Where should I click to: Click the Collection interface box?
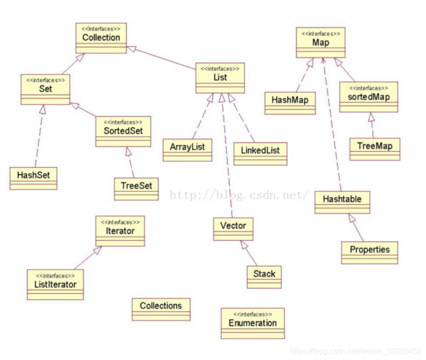[x=101, y=38]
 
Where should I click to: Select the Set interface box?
[x=45, y=89]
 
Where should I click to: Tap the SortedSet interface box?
[x=123, y=131]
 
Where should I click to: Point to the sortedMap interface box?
[x=369, y=97]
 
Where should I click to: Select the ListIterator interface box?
[x=56, y=285]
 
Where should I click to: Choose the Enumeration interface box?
[x=253, y=323]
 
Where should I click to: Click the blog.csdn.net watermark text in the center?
[x=239, y=195]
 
